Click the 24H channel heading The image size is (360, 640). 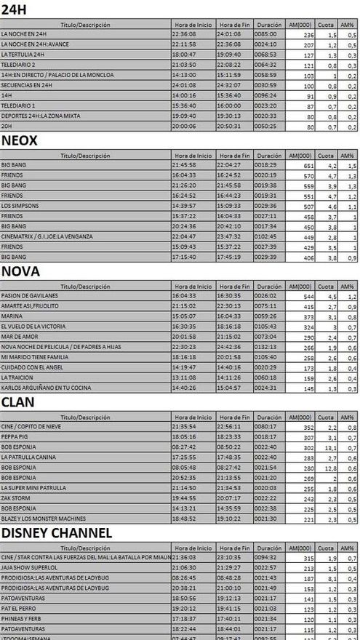pos(15,9)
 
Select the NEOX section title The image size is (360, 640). pos(20,140)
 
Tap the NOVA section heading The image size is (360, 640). pos(20,271)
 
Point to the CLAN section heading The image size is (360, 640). pos(19,401)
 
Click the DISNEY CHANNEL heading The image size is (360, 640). pos(57,532)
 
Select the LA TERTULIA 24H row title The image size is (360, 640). pos(25,55)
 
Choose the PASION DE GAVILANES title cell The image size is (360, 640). pos(30,295)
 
